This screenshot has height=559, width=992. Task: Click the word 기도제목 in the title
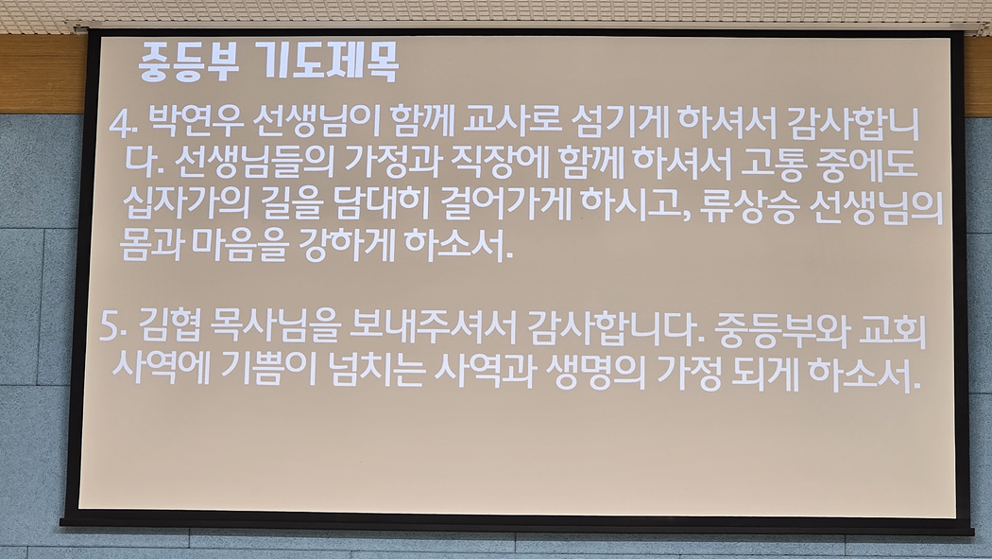(x=330, y=62)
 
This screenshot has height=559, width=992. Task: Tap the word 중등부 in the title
(x=189, y=62)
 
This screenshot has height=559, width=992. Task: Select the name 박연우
(x=197, y=122)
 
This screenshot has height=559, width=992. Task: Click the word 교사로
(x=510, y=122)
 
